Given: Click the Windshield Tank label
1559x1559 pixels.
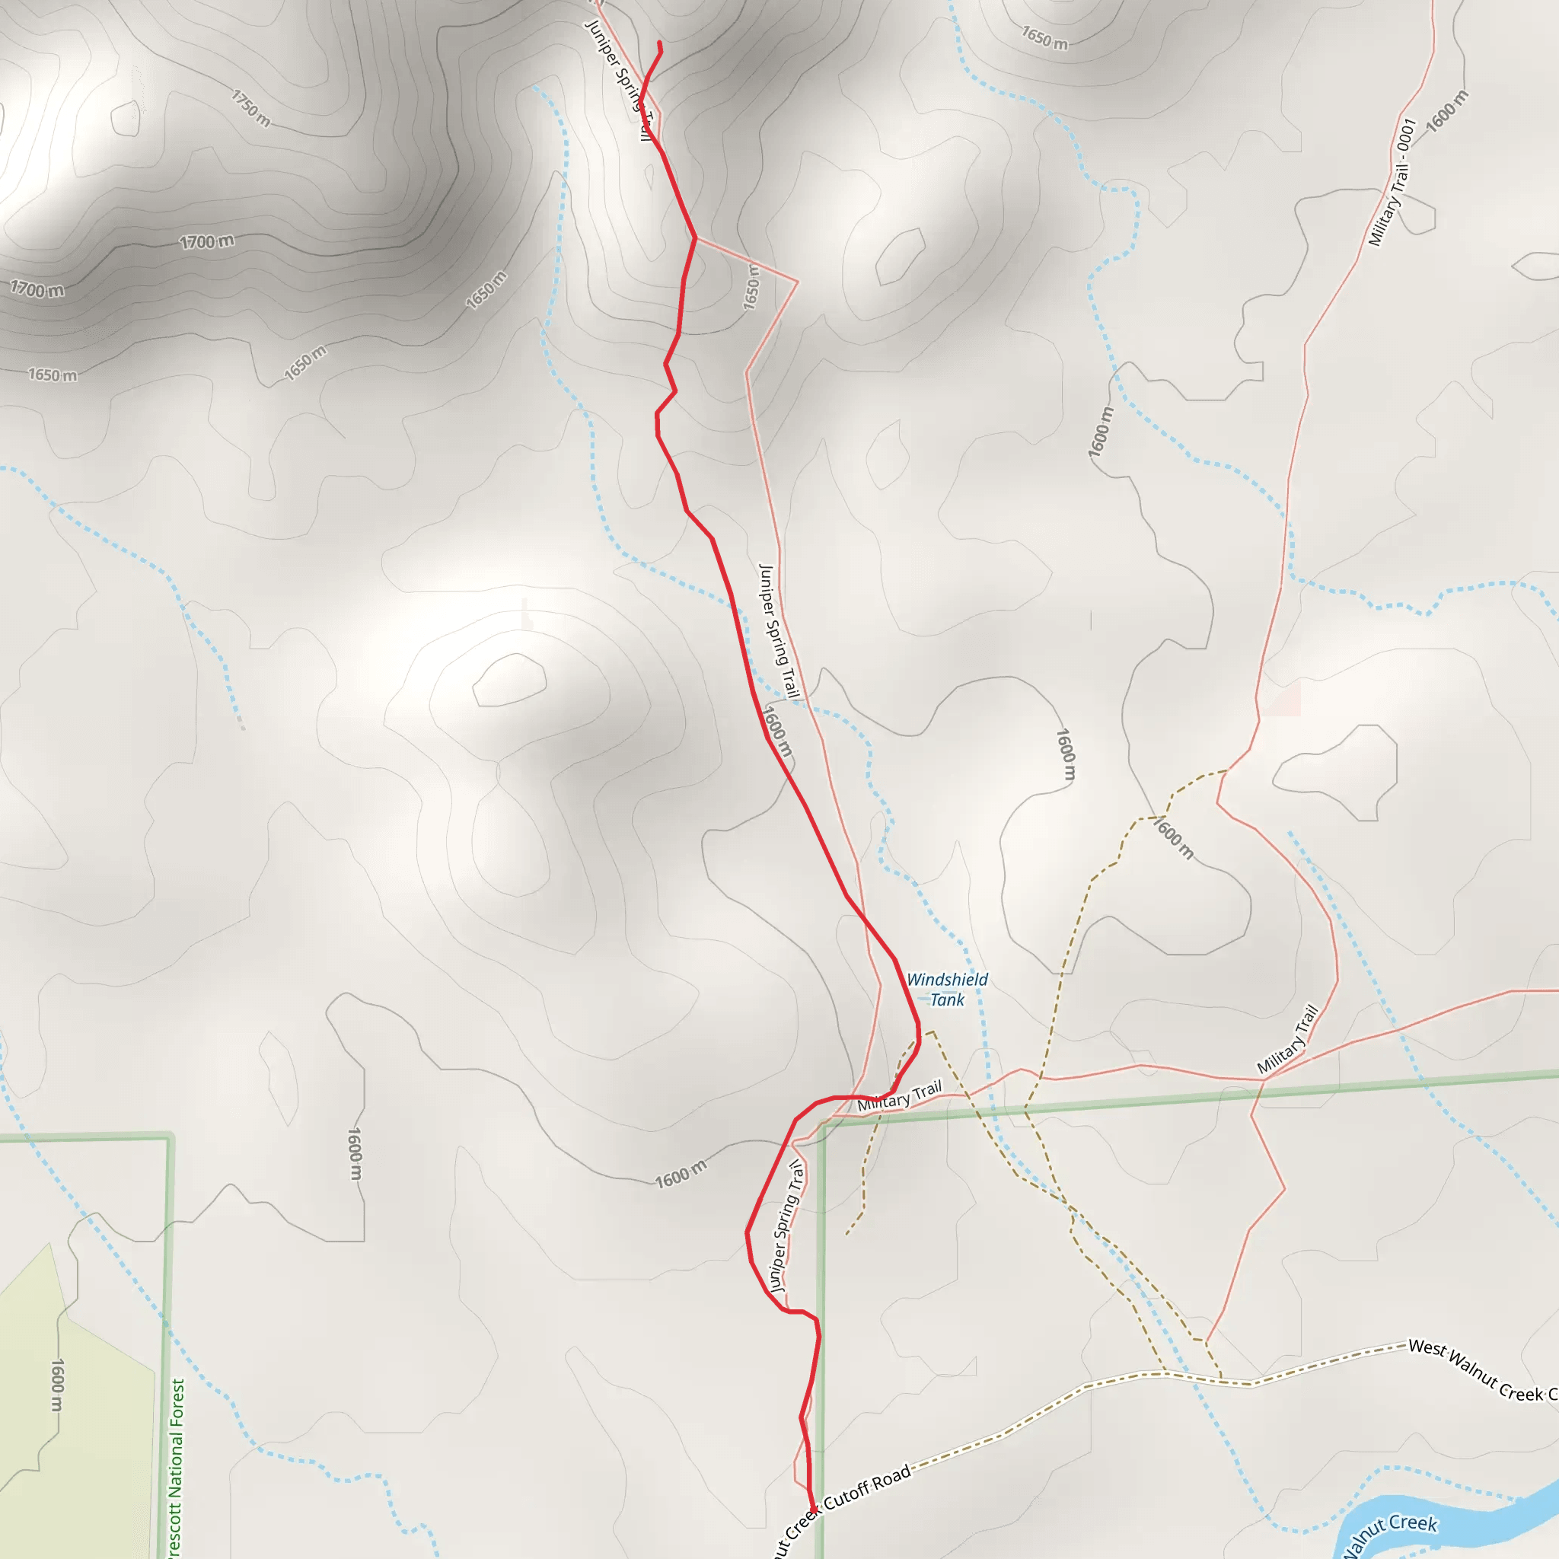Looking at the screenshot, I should tap(946, 990).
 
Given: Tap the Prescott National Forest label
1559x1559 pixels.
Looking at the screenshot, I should tap(177, 1468).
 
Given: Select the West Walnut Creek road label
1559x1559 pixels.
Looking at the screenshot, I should tap(1481, 1372).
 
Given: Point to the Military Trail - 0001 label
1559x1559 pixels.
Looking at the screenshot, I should tap(1393, 183).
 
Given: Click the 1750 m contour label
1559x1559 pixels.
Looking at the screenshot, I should tap(251, 108).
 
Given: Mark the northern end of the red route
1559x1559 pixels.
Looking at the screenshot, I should tap(660, 43).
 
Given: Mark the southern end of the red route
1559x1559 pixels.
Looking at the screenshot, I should tap(811, 1509).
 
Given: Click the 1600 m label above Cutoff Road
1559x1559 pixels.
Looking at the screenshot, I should tap(681, 1174).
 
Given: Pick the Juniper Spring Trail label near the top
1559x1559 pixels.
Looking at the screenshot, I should tap(617, 77).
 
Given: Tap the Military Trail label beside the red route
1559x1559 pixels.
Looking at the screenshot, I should tap(899, 1096).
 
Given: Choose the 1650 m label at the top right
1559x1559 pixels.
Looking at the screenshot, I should tap(1044, 37).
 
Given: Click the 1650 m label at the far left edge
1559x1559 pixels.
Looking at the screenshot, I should tap(53, 375).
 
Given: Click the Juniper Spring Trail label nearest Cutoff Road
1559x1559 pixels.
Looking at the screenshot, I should tap(787, 1226).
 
